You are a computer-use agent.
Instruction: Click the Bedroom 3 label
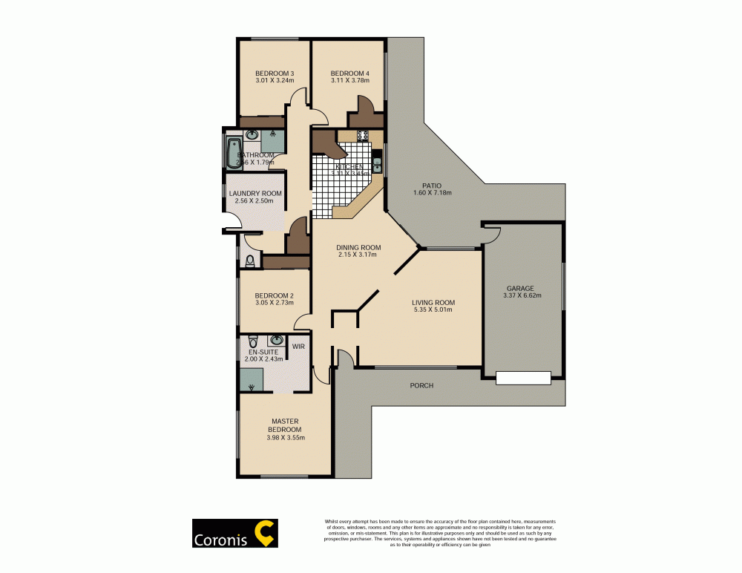click(x=275, y=73)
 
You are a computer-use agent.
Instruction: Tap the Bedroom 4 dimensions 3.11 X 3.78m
click(x=349, y=82)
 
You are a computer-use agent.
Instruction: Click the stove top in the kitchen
click(x=364, y=135)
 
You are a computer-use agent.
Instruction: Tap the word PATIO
click(x=432, y=185)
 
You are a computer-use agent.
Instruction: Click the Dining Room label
click(x=358, y=247)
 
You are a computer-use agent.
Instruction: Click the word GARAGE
click(x=520, y=288)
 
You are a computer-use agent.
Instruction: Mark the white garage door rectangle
click(x=523, y=377)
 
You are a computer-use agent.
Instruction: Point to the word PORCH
click(x=421, y=385)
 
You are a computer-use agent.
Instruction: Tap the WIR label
click(x=298, y=346)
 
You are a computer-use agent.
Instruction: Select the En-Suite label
click(x=263, y=351)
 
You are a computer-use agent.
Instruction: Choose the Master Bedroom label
click(x=285, y=425)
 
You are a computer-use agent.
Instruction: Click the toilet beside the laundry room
click(x=251, y=260)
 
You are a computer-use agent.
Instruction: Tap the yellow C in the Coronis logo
click(x=263, y=533)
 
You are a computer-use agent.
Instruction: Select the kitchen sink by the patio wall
click(x=377, y=164)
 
